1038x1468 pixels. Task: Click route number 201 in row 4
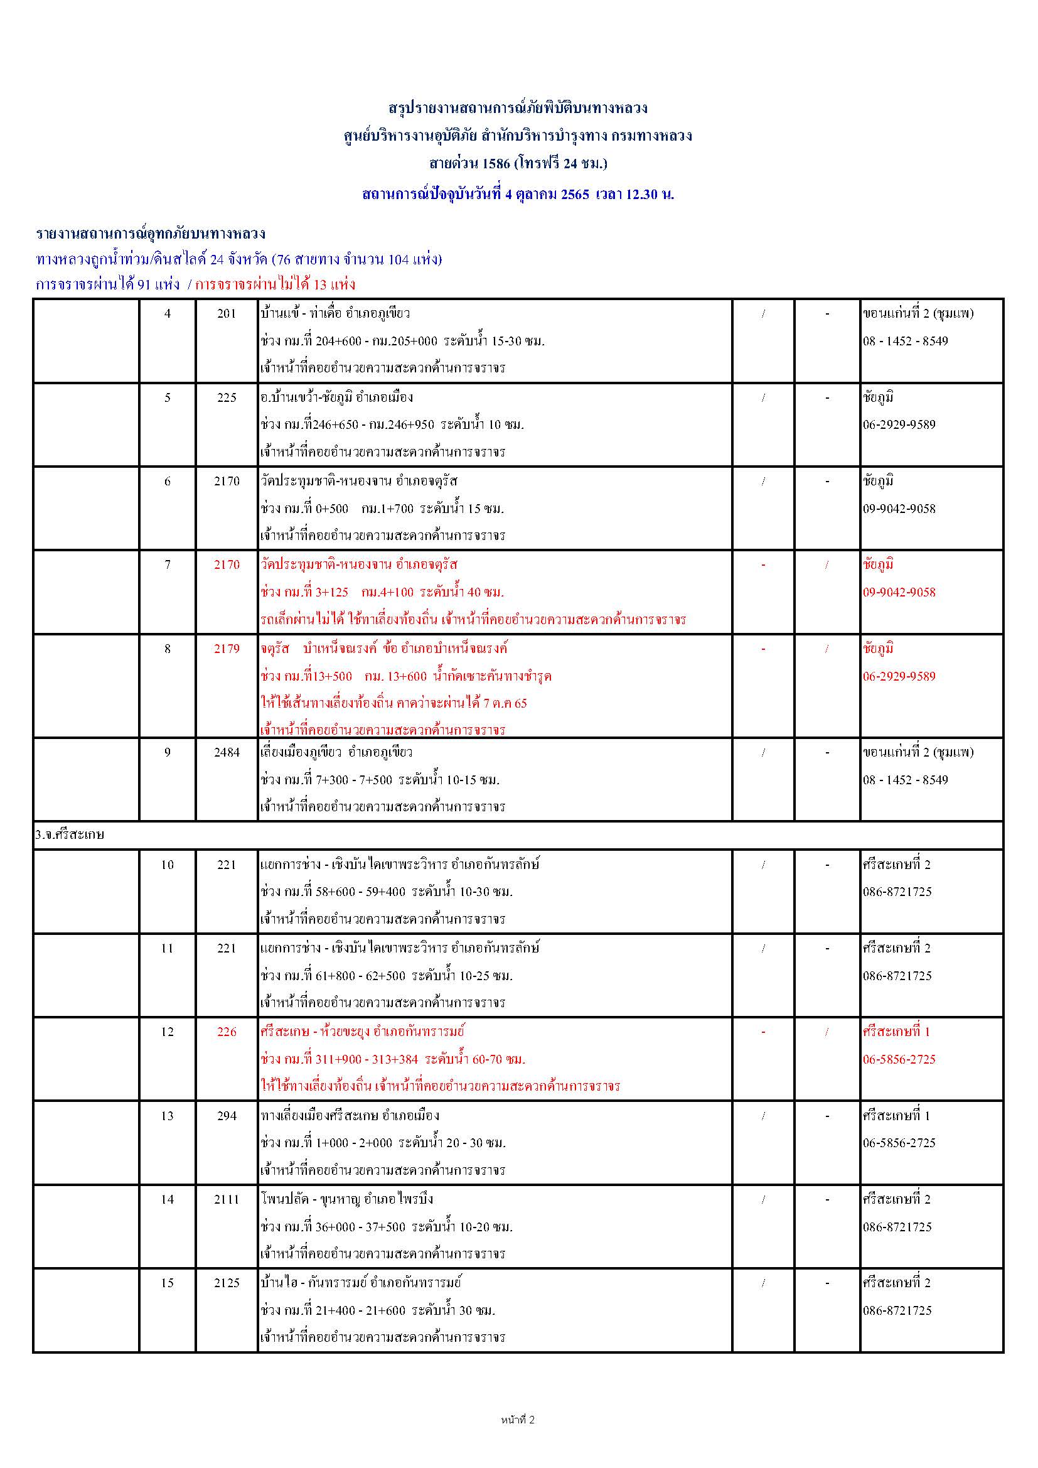[227, 313]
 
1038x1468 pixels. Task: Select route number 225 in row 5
[227, 397]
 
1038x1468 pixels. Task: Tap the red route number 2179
[227, 649]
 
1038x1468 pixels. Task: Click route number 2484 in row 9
[227, 753]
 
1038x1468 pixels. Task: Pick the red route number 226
[227, 1032]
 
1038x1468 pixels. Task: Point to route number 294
[227, 1116]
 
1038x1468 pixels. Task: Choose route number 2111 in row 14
[227, 1199]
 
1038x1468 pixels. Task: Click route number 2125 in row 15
[227, 1283]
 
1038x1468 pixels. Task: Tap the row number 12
[167, 1032]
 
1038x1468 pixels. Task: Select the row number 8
[167, 649]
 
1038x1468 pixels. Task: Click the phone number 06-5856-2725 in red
[899, 1059]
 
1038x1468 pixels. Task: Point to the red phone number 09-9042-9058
[899, 592]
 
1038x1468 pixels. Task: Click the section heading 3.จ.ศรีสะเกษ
[70, 835]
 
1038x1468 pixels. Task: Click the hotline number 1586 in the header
[496, 164]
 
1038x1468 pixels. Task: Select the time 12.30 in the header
[642, 195]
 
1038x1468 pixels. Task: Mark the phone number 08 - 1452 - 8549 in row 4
[905, 341]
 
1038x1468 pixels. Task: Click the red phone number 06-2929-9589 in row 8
[899, 676]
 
